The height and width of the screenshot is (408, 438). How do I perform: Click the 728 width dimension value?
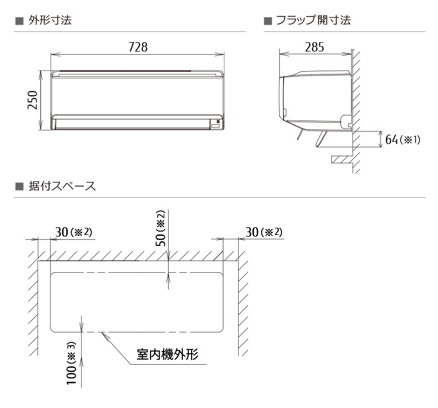click(137, 47)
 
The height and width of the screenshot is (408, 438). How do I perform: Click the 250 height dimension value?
click(32, 101)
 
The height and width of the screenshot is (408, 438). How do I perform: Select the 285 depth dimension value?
click(314, 47)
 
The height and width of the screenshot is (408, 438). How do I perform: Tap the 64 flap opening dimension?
click(391, 140)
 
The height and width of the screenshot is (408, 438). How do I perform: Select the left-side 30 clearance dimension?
click(62, 232)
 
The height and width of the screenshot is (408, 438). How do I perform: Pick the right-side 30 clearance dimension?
click(252, 232)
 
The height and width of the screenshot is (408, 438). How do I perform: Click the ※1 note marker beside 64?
click(411, 140)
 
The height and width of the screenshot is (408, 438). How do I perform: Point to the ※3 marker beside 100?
click(71, 349)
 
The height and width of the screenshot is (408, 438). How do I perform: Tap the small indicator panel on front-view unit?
click(216, 125)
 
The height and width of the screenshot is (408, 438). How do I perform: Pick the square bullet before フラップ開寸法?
click(268, 21)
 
